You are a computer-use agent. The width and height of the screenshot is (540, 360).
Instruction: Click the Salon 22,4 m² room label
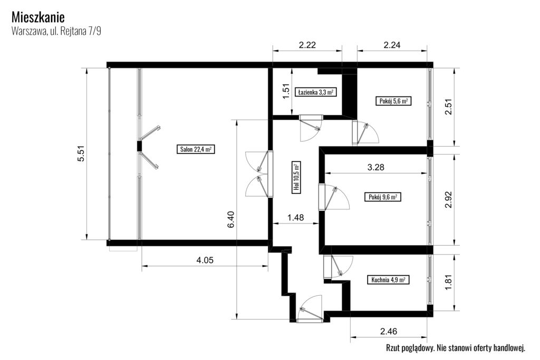196,149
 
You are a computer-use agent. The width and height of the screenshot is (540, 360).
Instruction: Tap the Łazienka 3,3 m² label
316,92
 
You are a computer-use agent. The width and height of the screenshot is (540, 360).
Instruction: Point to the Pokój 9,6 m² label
383,197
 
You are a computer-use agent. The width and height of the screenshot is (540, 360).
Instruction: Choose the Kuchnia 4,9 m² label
388,280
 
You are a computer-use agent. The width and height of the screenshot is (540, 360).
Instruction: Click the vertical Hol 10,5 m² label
296,177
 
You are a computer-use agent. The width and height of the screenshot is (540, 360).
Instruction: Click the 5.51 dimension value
81,153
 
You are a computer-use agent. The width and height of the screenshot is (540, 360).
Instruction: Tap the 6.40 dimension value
231,219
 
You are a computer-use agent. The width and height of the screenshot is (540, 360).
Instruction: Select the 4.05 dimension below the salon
205,260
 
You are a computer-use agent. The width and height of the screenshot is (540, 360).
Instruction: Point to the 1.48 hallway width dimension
295,218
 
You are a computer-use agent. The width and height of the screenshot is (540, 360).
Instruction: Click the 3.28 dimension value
375,168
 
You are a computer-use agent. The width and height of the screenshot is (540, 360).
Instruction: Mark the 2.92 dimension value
448,200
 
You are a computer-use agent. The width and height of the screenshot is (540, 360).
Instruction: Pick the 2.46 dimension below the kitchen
389,332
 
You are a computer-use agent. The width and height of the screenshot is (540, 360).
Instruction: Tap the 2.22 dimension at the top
307,45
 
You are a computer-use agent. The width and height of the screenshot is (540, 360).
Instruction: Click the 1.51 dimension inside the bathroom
286,91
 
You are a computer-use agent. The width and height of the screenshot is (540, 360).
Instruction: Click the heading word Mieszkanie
38,17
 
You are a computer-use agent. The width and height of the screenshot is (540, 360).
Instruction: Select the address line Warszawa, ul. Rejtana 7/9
56,31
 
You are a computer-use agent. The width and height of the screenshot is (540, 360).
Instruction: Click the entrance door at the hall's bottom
310,309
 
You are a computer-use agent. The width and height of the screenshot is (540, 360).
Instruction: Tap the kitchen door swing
338,267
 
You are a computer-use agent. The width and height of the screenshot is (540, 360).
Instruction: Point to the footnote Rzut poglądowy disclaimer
456,348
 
